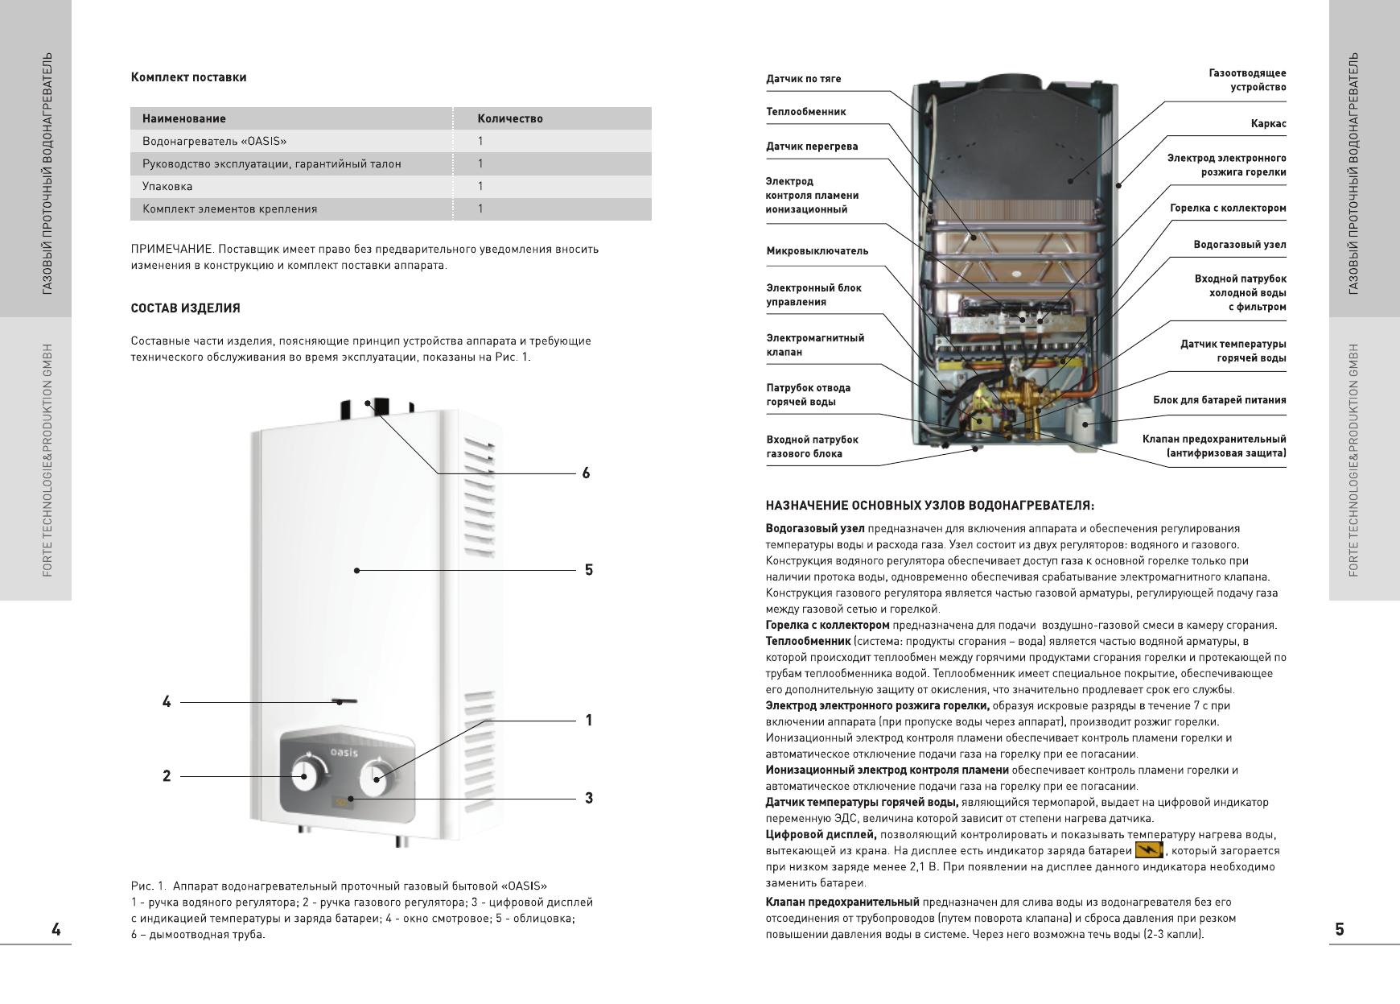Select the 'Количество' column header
click(509, 118)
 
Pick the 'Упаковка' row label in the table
click(167, 186)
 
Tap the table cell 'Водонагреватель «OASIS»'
click(214, 141)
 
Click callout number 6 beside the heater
click(586, 473)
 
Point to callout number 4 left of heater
click(167, 702)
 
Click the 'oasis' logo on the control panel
click(345, 751)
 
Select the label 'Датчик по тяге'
click(803, 79)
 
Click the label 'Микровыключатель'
click(817, 251)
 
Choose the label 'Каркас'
click(1268, 124)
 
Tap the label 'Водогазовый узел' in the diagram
click(1239, 245)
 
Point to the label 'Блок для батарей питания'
click(1219, 399)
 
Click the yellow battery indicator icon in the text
click(1149, 850)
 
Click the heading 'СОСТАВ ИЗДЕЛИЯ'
click(185, 308)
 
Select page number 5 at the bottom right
click(1340, 929)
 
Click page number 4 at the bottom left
click(56, 929)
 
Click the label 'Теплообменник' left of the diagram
click(805, 112)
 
